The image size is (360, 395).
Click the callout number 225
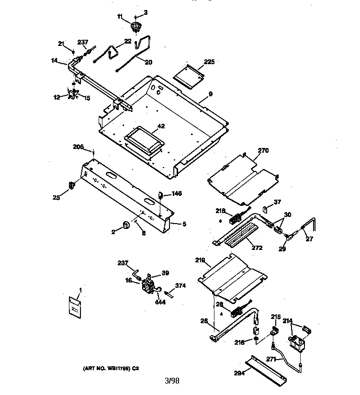209,62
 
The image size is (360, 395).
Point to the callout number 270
263,151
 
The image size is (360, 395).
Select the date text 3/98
172,381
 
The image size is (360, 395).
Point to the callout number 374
180,286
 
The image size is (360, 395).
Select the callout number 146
177,193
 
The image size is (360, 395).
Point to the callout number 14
55,61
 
